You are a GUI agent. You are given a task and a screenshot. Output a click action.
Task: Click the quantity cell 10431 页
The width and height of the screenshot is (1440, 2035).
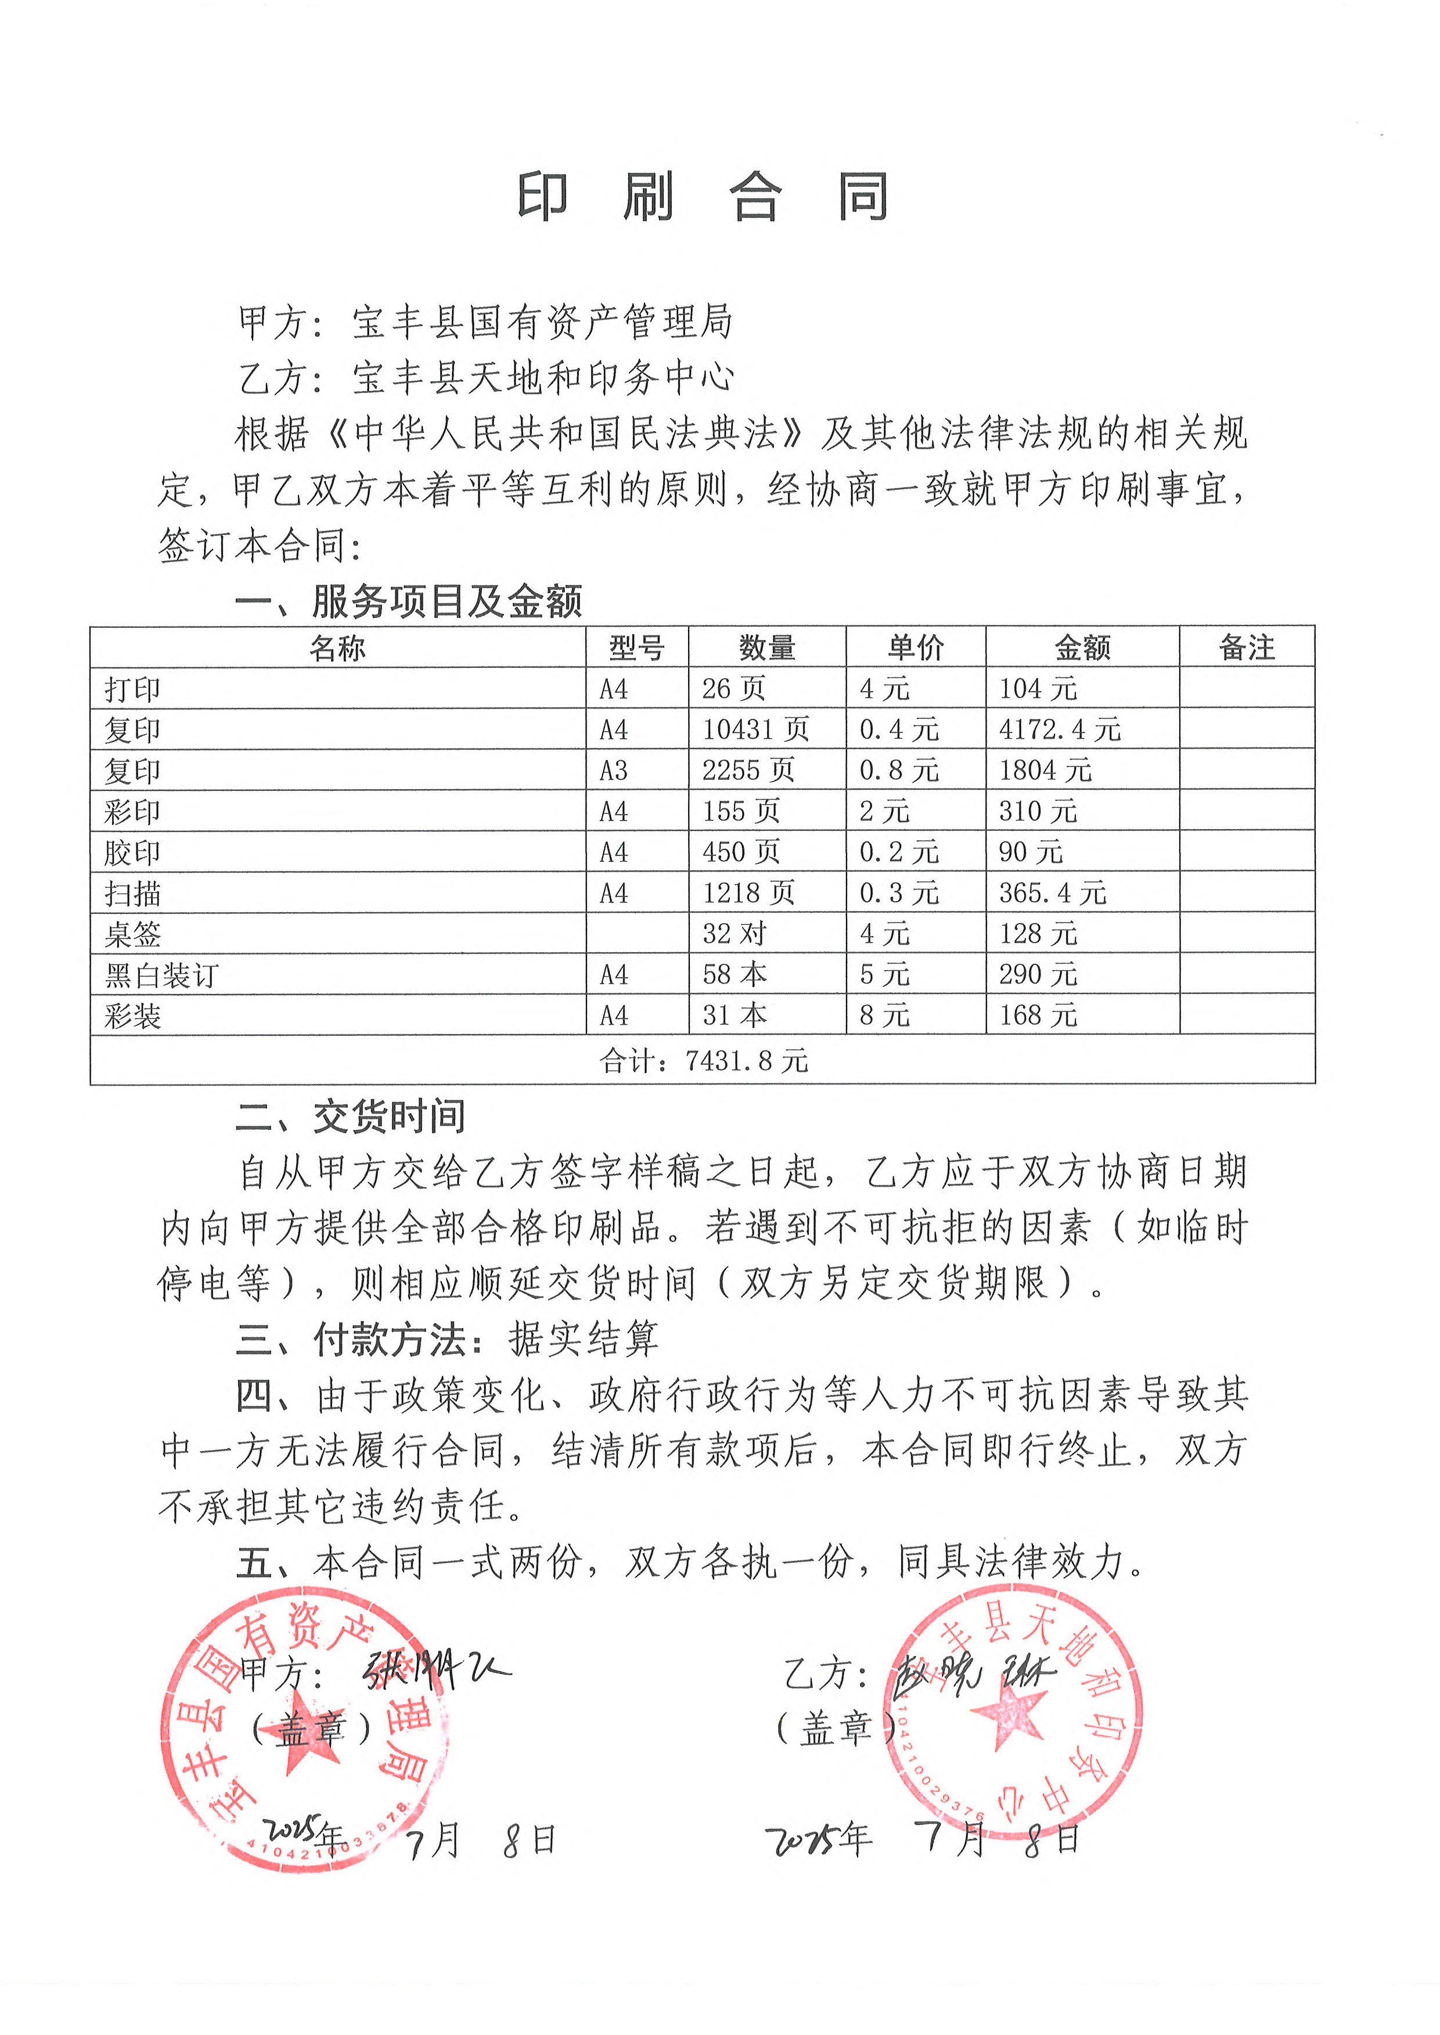click(755, 729)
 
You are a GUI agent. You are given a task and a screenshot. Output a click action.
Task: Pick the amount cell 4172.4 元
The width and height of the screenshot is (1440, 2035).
click(1060, 729)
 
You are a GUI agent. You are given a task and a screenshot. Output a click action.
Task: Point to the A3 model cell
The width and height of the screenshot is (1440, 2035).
click(614, 770)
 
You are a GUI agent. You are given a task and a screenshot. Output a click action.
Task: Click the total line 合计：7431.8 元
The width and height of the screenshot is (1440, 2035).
click(703, 1060)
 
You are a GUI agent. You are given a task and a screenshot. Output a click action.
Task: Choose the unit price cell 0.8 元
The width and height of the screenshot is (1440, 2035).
click(898, 770)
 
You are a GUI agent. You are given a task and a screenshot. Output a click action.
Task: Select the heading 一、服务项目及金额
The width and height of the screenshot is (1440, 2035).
click(408, 602)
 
